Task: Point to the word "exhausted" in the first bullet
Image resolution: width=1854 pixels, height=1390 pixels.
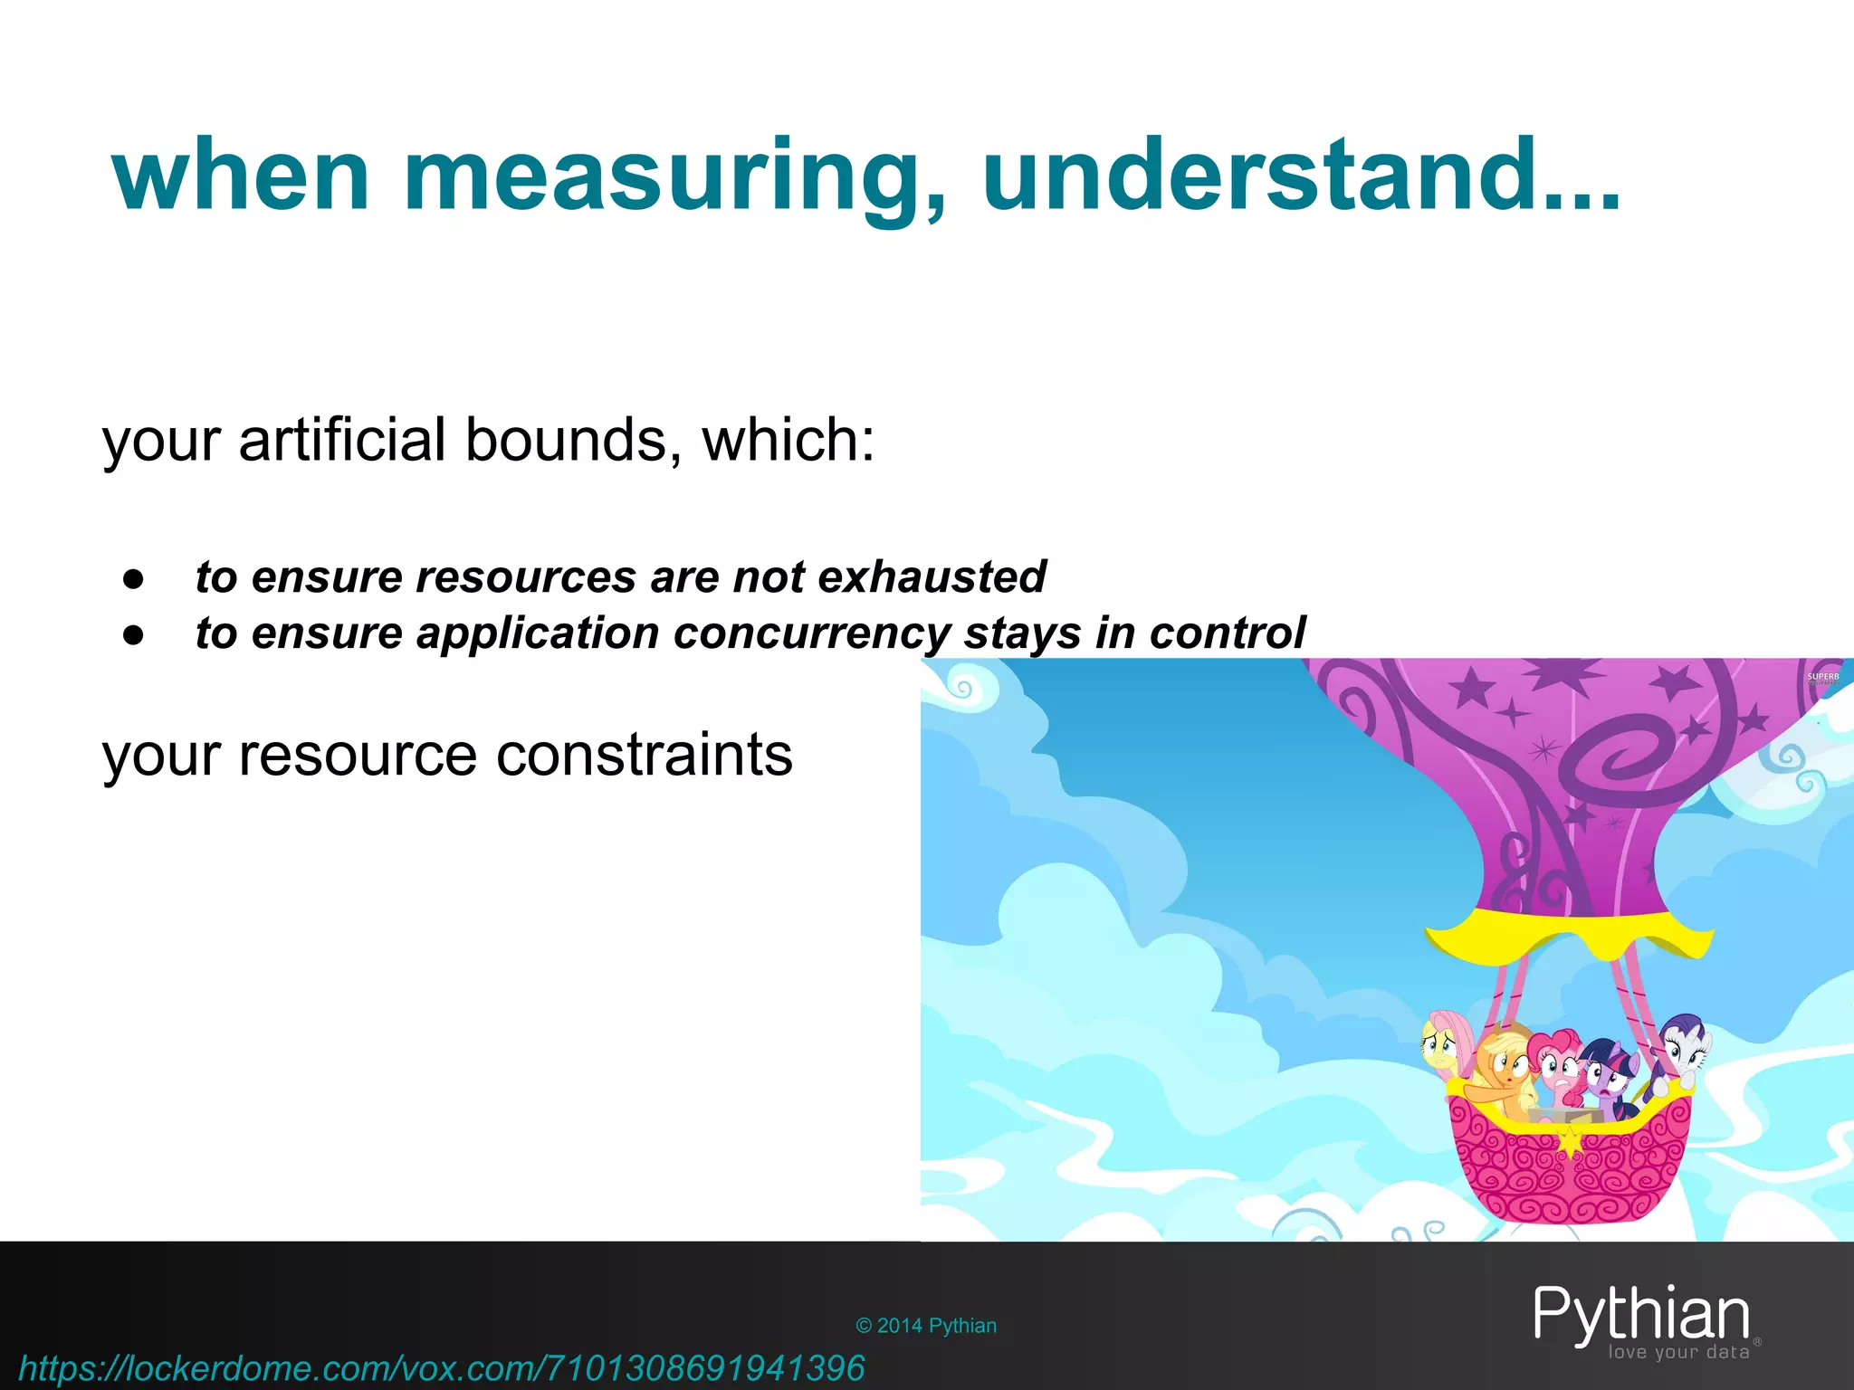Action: click(932, 576)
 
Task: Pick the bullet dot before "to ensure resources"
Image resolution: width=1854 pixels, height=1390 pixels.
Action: click(134, 580)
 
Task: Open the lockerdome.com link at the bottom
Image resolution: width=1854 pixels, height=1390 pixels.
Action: click(442, 1367)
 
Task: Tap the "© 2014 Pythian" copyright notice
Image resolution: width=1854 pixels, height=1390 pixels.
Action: click(926, 1326)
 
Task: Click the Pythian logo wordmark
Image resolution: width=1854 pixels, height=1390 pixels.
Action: click(1641, 1314)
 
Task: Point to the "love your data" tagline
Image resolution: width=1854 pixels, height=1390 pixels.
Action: click(1678, 1353)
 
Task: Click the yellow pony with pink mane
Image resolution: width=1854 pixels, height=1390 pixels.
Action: click(1446, 1050)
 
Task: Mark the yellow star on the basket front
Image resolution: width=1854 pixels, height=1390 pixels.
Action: click(1569, 1139)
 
